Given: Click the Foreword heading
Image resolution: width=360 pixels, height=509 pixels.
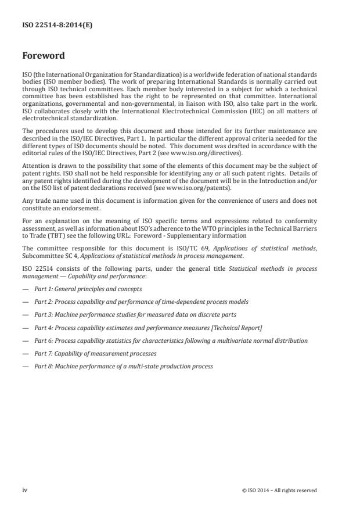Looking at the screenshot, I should pyautogui.click(x=43, y=56).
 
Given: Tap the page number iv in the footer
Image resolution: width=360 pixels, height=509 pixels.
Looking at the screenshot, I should pyautogui.click(x=25, y=490).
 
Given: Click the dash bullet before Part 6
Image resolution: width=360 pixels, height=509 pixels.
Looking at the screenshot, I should pyautogui.click(x=26, y=340).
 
